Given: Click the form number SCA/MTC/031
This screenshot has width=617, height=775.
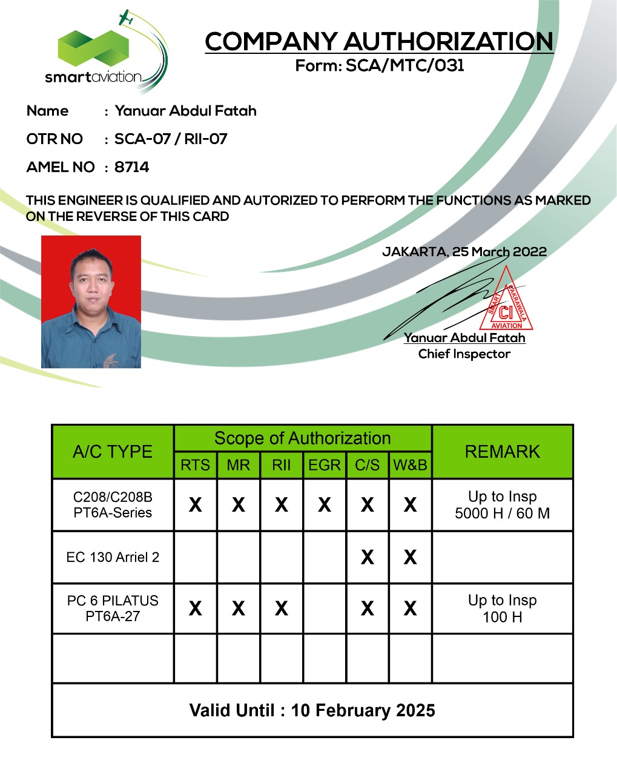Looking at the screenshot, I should [404, 66].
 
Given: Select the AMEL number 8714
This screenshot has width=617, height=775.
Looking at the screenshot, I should [132, 167].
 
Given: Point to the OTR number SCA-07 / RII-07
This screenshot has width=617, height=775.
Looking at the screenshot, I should [171, 139].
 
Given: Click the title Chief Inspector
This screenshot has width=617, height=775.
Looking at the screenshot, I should [464, 354].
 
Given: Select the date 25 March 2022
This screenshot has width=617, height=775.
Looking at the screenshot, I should [500, 252].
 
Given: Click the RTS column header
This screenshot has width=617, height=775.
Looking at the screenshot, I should [195, 465].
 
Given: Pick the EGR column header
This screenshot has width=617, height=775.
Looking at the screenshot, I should [325, 465].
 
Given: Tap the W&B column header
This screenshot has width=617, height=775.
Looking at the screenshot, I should [410, 465].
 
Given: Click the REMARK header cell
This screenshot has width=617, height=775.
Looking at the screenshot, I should [502, 452].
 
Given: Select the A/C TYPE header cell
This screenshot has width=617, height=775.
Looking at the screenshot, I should [113, 452].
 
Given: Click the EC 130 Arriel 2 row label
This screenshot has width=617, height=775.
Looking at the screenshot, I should [113, 557].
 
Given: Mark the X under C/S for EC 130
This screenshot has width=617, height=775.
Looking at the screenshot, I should [367, 557].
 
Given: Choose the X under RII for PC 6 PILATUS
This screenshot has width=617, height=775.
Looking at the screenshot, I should [281, 608].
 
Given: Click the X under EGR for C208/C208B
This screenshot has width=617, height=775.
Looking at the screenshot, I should [325, 504].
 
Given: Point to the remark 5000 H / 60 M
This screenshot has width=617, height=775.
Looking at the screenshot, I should [502, 513].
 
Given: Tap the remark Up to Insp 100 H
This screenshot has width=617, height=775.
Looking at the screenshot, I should [502, 608].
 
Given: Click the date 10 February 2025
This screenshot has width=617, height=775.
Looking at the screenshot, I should [363, 710].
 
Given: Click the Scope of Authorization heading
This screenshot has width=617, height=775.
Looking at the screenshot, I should [302, 438].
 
